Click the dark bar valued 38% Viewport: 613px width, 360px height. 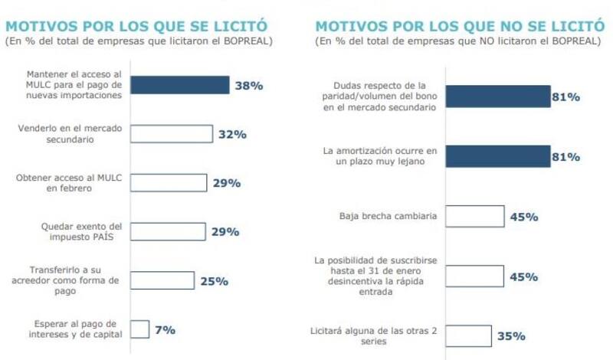tap(179, 85)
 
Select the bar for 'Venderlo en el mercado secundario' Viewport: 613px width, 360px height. tap(171, 134)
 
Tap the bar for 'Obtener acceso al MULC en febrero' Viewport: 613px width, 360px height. tap(168, 183)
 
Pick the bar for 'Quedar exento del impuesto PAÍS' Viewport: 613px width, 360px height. tap(168, 231)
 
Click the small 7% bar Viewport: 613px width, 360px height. tap(139, 329)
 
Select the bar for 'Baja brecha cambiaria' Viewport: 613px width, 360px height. tap(474, 216)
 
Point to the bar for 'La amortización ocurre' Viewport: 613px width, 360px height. tap(498, 156)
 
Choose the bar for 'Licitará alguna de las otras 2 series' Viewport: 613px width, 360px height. tap(468, 335)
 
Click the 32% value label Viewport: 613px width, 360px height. tap(231, 134)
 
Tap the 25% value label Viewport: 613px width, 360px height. tap(214, 280)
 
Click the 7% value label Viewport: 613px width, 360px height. tap(166, 329)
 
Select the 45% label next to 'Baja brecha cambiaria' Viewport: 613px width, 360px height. tap(524, 216)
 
